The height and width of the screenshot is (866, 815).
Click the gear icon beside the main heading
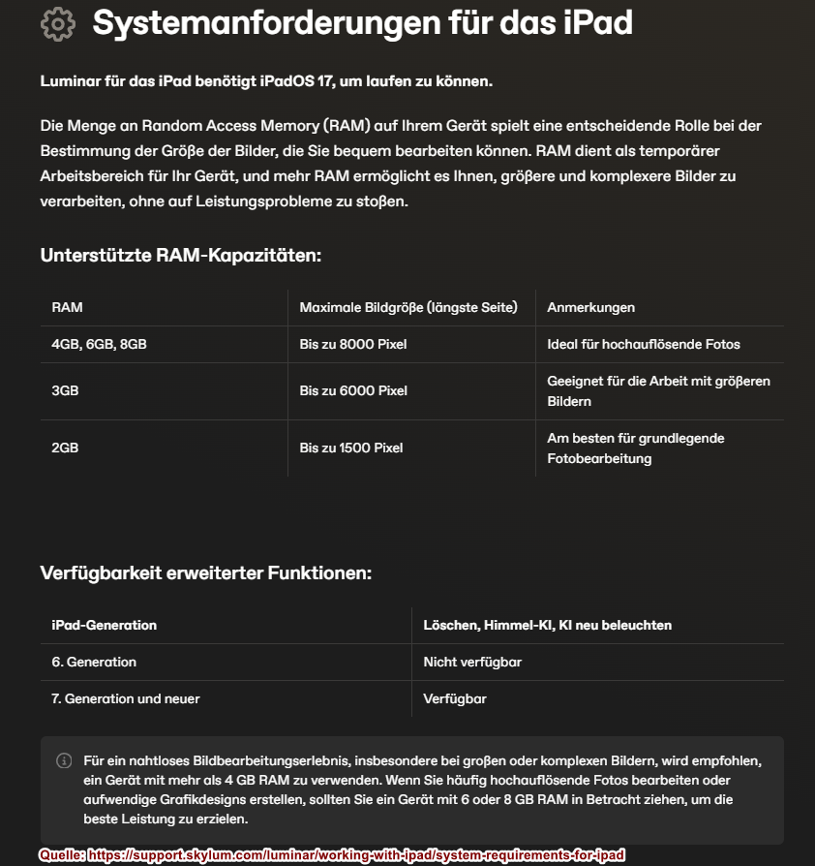[58, 23]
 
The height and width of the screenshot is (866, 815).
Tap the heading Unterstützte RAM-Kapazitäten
[180, 256]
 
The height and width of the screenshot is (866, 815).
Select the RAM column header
[68, 307]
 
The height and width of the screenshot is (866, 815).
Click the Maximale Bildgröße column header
[408, 307]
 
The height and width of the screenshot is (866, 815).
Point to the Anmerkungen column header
[590, 307]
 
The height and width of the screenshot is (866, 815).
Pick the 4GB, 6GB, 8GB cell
[99, 344]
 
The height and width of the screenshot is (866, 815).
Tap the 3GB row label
[66, 390]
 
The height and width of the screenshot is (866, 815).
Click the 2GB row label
[66, 448]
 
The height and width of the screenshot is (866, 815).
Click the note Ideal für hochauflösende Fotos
[643, 344]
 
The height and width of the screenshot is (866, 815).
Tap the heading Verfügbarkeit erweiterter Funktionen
[206, 572]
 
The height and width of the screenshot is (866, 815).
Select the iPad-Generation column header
[104, 625]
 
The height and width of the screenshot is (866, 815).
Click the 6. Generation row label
[94, 662]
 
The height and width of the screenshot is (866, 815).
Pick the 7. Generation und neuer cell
[126, 698]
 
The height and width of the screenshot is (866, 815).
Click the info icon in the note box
[64, 760]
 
